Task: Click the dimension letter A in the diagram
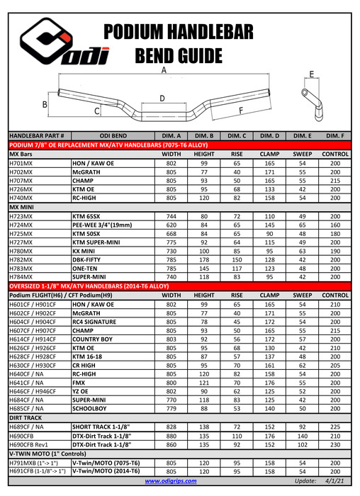(x=164, y=70)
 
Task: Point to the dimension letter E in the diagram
(x=312, y=74)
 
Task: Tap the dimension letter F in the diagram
(x=241, y=111)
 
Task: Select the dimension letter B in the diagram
(x=45, y=105)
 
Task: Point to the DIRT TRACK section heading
(x=28, y=418)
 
